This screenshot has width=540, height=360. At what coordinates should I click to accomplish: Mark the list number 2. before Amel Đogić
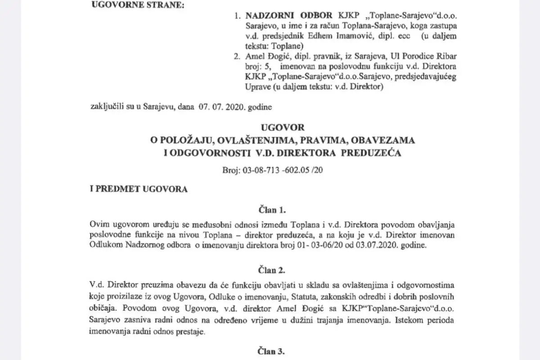[237, 56]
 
